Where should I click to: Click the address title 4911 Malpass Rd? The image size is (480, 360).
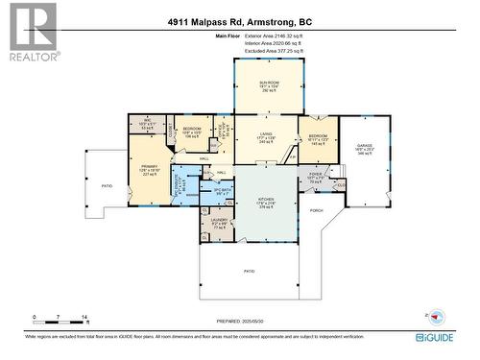point(238,22)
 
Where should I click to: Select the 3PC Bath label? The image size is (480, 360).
point(223,192)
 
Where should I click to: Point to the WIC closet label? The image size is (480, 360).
point(148,124)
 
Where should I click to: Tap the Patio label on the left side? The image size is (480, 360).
point(107,186)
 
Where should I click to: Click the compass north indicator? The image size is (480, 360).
point(436,316)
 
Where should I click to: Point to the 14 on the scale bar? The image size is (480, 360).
point(85,317)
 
